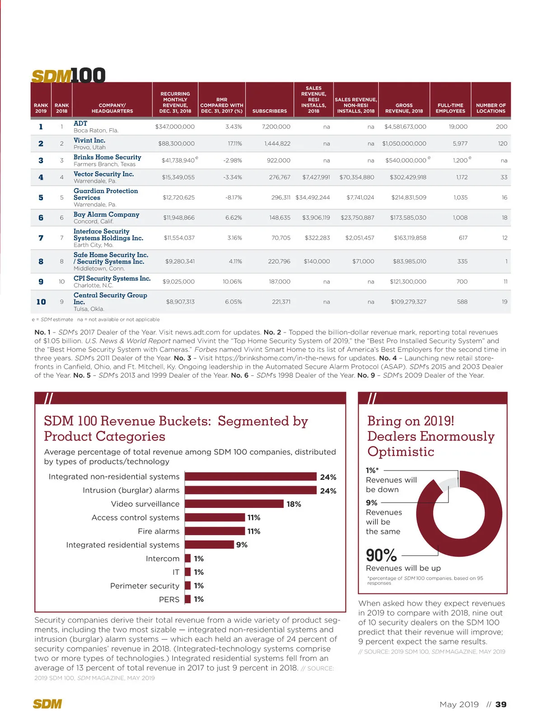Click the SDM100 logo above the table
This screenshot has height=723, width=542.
coord(68,75)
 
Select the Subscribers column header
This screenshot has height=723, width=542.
coord(269,111)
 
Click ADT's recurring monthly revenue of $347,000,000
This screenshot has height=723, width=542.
coord(175,127)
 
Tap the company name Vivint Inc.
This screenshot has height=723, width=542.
coord(89,141)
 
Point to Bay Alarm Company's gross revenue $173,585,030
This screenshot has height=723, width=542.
coord(408,217)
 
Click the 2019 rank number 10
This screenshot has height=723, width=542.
coord(41,302)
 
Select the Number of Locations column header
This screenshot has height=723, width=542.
coord(491,108)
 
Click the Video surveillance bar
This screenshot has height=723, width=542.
coord(234,504)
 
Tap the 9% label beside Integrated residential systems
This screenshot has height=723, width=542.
coord(242,545)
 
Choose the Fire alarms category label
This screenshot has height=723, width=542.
coord(159,531)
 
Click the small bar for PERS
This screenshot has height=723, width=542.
coord(188,599)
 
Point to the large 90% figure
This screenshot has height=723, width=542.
coord(381,555)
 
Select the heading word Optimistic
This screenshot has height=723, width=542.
coord(401,451)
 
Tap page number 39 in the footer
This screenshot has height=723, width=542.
coord(501,704)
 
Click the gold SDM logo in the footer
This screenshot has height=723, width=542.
coord(47,704)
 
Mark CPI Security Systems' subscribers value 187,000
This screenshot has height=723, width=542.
coord(280,282)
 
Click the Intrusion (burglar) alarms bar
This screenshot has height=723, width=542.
coord(251,490)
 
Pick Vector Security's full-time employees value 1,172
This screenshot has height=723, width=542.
coord(462,177)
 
